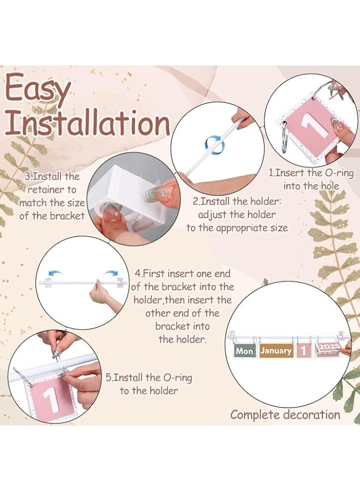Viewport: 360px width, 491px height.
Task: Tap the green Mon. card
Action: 245,351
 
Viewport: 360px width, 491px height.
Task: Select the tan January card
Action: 276,351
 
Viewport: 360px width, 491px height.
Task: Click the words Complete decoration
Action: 285,415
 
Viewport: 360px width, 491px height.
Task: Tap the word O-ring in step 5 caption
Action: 177,378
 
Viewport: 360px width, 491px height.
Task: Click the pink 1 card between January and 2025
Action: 303,351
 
